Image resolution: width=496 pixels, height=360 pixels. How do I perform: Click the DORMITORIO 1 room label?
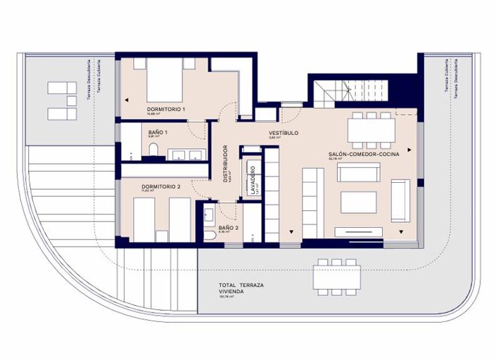coord(166,110)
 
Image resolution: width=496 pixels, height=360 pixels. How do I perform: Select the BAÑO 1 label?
coord(159,132)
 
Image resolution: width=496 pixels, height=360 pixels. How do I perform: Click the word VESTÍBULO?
coord(284,133)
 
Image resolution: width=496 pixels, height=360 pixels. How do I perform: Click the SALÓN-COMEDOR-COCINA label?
coord(364,154)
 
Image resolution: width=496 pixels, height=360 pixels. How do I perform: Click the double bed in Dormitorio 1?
coord(165,82)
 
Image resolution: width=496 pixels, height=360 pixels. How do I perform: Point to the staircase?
coord(350,91)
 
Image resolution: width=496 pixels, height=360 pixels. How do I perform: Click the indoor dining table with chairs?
coord(371,129)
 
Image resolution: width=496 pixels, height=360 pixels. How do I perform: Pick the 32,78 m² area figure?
coord(335,160)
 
